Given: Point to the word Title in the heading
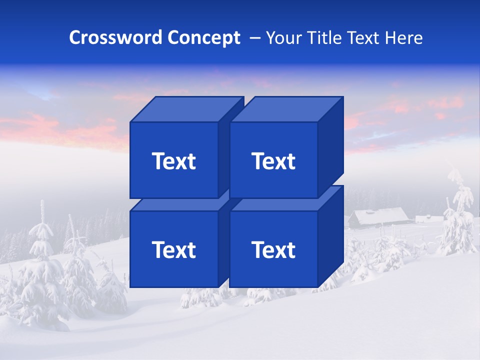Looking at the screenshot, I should click(325, 38).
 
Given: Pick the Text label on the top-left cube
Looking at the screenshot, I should click(173, 161).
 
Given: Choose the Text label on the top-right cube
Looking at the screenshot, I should click(273, 161).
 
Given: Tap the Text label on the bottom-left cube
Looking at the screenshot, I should click(173, 249).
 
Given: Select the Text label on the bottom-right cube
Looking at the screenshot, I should click(273, 249).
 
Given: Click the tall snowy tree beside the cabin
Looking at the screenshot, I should click(457, 210).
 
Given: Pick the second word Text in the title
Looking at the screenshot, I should click(364, 38).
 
